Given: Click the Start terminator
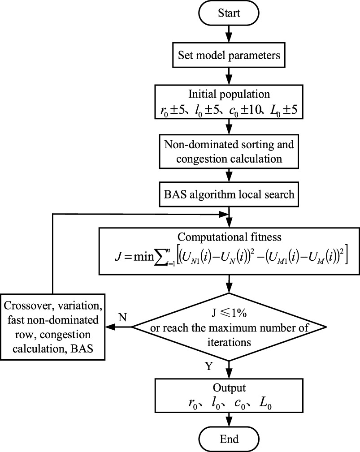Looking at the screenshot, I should point(229,13).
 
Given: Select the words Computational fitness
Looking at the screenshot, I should point(229,236).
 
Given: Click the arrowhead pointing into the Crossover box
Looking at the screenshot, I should point(109,327).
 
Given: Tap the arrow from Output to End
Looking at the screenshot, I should point(229,419).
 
